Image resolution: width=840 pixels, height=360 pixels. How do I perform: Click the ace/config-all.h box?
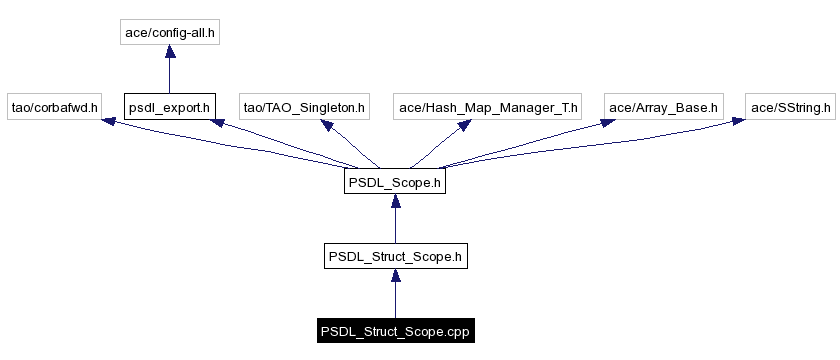(x=170, y=33)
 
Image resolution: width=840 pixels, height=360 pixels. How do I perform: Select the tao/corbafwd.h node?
(x=54, y=106)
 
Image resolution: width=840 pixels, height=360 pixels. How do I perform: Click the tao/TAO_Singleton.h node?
(x=305, y=106)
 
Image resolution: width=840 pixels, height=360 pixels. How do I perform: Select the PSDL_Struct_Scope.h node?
(x=395, y=256)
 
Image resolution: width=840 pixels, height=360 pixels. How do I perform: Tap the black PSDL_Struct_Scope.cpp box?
(x=395, y=330)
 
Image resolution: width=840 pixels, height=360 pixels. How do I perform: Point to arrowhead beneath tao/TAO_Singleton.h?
(x=326, y=125)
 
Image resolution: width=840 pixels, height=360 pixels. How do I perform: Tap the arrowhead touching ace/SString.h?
(x=737, y=121)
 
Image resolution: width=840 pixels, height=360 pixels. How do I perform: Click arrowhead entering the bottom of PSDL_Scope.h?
(x=395, y=202)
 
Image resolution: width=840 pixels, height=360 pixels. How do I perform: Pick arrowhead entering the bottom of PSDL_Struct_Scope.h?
(x=395, y=276)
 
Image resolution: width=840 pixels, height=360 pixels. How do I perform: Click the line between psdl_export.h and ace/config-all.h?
(x=170, y=76)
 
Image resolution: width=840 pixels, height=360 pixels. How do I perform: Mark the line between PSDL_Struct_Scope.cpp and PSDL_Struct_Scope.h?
(x=395, y=300)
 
